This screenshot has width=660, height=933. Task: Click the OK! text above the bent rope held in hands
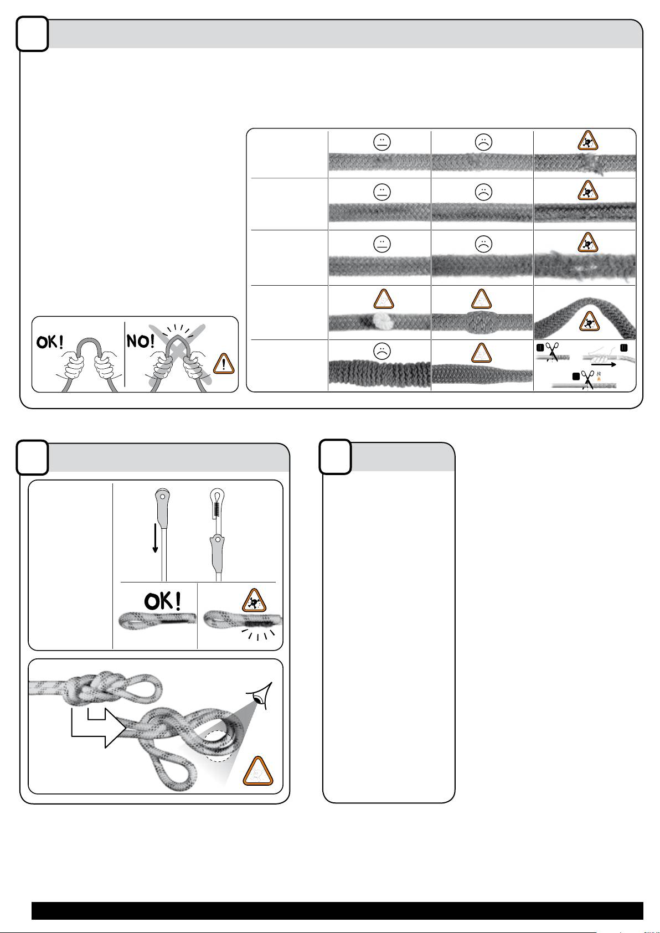tap(50, 342)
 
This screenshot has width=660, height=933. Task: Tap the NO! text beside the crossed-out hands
tap(140, 341)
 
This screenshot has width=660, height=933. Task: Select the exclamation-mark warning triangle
tap(224, 364)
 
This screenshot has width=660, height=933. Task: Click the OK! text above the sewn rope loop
tap(163, 601)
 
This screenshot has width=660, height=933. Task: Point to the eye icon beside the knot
tap(260, 696)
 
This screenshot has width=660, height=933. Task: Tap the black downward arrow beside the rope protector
tap(156, 538)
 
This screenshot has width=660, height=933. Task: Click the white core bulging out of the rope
tap(380, 321)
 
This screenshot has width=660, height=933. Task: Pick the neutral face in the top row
tap(382, 142)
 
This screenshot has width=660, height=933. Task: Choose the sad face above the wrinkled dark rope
tap(381, 352)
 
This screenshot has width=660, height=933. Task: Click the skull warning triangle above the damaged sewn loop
tap(254, 601)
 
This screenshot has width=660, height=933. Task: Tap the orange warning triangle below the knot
tap(258, 772)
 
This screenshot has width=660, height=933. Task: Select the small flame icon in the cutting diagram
tap(599, 379)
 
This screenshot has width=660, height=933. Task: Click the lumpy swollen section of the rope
tap(482, 322)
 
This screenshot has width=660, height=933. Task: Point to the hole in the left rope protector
tap(162, 497)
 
